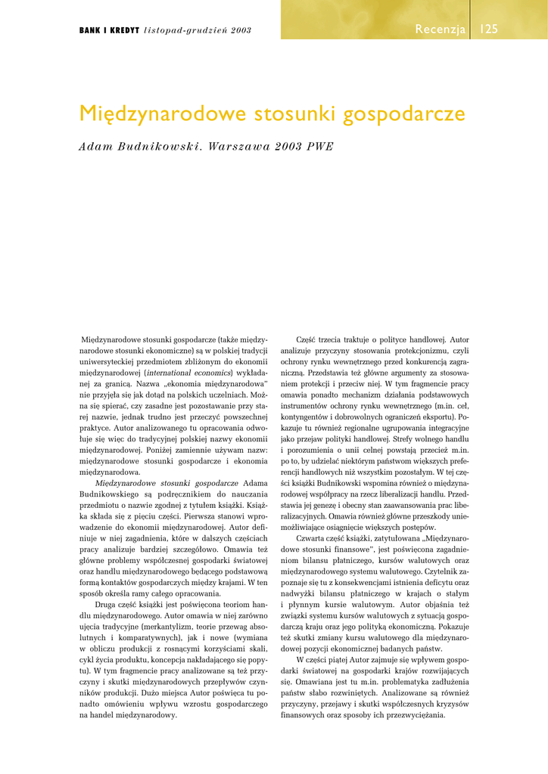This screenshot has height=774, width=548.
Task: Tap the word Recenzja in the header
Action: click(440, 29)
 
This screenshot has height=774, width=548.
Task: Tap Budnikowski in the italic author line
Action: click(155, 146)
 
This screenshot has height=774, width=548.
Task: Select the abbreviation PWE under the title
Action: click(318, 146)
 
